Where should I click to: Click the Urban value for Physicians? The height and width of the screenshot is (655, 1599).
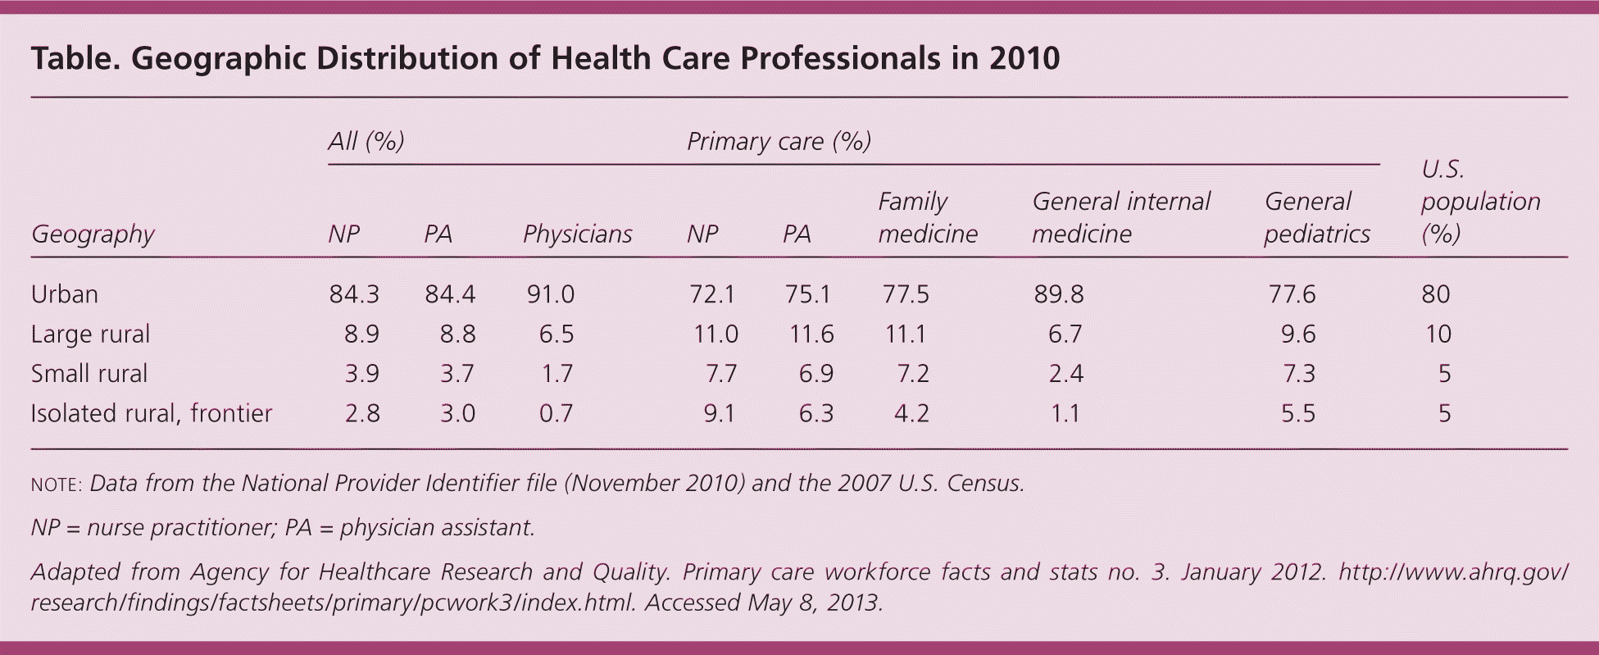pyautogui.click(x=550, y=294)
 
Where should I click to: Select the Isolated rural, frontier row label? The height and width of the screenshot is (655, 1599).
pyautogui.click(x=151, y=413)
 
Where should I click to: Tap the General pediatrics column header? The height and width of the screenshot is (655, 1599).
pyautogui.click(x=1316, y=218)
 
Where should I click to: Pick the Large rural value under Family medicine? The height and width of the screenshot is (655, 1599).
pyautogui.click(x=905, y=334)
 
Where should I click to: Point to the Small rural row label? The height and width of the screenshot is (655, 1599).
pyautogui.click(x=89, y=374)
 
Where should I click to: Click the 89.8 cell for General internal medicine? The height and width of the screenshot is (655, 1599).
pyautogui.click(x=1058, y=294)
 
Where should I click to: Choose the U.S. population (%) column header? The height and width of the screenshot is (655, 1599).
pyautogui.click(x=1480, y=202)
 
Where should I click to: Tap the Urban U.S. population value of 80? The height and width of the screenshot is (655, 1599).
pyautogui.click(x=1436, y=294)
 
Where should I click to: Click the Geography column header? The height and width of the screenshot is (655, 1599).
pyautogui.click(x=93, y=234)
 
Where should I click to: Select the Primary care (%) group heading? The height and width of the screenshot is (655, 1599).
pyautogui.click(x=778, y=142)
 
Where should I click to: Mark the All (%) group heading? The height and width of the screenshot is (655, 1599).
pyautogui.click(x=366, y=142)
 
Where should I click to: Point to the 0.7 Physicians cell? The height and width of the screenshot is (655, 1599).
pyautogui.click(x=556, y=413)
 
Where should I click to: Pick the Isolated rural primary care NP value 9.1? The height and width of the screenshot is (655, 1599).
pyautogui.click(x=719, y=413)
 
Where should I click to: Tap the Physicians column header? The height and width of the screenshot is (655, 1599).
pyautogui.click(x=577, y=234)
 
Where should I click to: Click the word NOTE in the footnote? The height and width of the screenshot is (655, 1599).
pyautogui.click(x=55, y=484)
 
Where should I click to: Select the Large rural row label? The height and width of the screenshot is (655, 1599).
pyautogui.click(x=90, y=334)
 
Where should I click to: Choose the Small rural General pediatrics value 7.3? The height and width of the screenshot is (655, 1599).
pyautogui.click(x=1298, y=374)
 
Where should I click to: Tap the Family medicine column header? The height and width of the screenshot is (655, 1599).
pyautogui.click(x=927, y=218)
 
